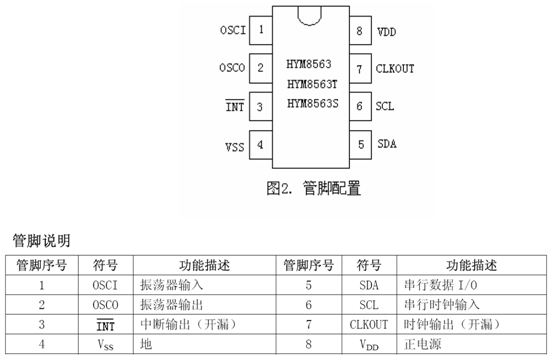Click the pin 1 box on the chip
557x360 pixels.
point(262,29)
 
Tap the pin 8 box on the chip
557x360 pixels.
point(359,30)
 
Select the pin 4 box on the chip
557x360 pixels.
point(262,144)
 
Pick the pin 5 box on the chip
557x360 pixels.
point(359,144)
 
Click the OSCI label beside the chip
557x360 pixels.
point(231,30)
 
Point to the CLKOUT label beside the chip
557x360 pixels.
point(396,68)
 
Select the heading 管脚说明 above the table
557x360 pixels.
point(41,241)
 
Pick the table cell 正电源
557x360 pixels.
point(422,345)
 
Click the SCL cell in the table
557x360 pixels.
point(369,305)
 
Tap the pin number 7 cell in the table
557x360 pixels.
point(308,325)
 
